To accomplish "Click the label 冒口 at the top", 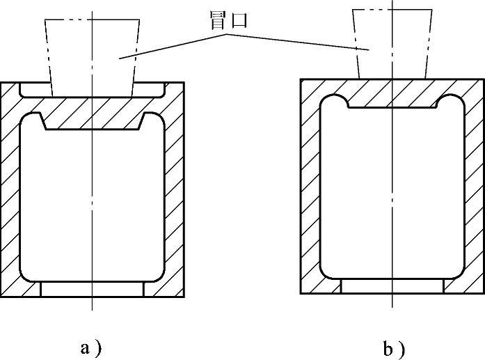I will click(x=229, y=22).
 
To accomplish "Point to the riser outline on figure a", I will click(x=90, y=52).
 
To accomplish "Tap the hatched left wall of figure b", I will click(x=310, y=188).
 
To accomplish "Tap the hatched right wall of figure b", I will click(x=473, y=188).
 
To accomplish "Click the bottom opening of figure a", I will click(x=93, y=289).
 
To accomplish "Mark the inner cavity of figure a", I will click(x=91, y=202).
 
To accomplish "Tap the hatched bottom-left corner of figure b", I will click(x=320, y=284).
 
